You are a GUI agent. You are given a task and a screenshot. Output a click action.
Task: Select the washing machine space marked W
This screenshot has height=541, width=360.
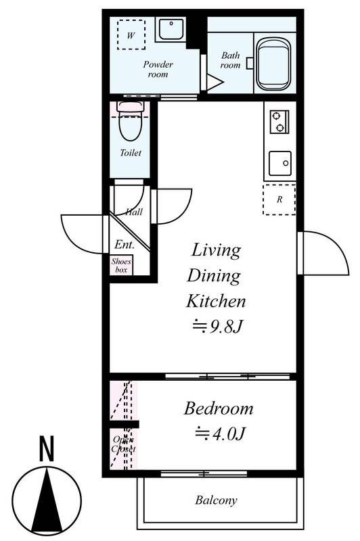[131, 34]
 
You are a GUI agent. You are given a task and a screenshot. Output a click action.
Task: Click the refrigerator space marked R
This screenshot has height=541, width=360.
[279, 199]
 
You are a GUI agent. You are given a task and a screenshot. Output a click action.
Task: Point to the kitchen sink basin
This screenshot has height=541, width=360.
[280, 163]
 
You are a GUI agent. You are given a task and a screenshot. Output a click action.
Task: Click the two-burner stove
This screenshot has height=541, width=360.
[279, 122]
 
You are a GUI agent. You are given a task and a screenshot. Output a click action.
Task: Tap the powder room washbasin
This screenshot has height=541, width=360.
[171, 30]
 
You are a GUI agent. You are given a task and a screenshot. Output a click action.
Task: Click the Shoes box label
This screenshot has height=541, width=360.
[122, 266]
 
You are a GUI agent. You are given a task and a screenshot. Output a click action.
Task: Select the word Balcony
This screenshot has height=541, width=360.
[216, 500]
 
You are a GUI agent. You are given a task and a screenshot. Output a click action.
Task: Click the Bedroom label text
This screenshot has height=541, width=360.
[219, 408]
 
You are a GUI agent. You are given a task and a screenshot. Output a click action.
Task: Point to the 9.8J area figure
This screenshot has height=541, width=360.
[218, 326]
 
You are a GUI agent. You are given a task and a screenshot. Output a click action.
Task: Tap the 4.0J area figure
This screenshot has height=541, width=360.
[220, 433]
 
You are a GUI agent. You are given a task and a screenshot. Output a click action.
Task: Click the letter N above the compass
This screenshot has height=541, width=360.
[47, 448]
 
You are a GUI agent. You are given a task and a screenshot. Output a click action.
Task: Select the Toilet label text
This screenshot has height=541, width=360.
[131, 153]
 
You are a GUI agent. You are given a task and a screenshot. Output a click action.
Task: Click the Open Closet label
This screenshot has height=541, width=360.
[123, 444]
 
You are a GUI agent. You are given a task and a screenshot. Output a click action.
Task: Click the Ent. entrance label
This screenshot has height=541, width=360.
[125, 245]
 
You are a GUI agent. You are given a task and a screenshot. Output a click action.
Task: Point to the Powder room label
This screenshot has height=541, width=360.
[158, 69]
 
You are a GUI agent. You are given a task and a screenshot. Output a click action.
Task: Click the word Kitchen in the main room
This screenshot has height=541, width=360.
[216, 301]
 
